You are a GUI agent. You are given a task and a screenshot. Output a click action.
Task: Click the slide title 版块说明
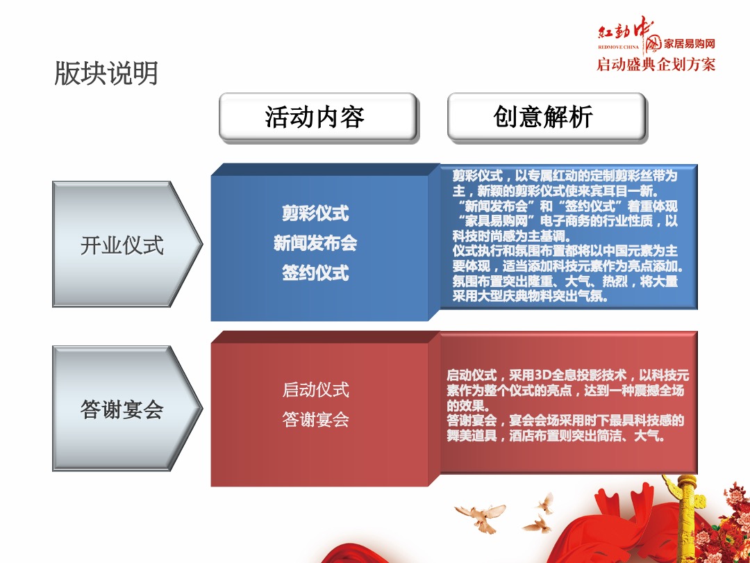pos(106,73)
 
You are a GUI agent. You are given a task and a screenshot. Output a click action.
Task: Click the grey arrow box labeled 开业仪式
pos(122,245)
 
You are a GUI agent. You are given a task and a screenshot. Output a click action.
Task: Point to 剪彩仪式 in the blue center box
pos(315,213)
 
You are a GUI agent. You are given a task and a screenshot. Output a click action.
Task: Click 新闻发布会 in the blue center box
pos(315,243)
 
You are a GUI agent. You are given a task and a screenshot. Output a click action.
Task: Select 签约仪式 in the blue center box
pos(315,273)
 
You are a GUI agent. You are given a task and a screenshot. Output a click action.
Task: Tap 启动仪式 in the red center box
pos(315,390)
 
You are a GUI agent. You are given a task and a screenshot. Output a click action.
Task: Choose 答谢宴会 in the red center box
pos(315,420)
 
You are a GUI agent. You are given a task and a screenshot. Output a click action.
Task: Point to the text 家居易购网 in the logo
pos(690,44)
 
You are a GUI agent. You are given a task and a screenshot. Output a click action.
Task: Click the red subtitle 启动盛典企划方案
pos(656,65)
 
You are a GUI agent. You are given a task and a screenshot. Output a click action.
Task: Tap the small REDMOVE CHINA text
pos(619,50)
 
